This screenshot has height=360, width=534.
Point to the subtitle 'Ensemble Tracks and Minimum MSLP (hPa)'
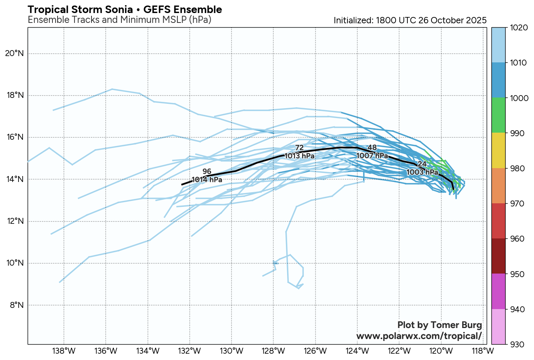[119, 20]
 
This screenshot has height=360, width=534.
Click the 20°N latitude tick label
[15, 54]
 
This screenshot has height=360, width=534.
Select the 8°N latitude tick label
[17, 305]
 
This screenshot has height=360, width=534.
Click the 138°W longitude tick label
[64, 351]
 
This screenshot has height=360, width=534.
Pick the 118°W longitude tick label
[483, 351]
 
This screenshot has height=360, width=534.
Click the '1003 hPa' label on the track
[422, 172]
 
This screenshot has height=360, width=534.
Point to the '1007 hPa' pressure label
[372, 156]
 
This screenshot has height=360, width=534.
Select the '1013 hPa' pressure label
[299, 156]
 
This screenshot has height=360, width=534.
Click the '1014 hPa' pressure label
[207, 180]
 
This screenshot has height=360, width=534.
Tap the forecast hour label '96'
[207, 172]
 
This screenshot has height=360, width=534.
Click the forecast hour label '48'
[372, 148]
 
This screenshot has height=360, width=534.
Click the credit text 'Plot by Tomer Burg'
[439, 325]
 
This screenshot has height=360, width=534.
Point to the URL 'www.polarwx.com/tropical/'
[419, 336]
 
